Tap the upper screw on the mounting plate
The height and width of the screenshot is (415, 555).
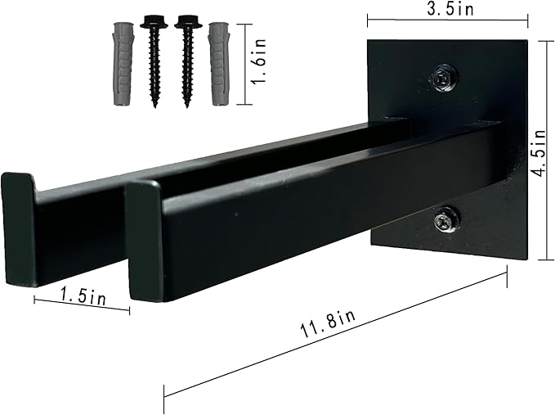click(x=444, y=79)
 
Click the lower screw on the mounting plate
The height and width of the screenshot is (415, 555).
click(x=445, y=219)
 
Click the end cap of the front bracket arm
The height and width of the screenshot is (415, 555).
click(x=145, y=241)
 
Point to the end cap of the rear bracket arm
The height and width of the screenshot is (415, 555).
click(x=18, y=227)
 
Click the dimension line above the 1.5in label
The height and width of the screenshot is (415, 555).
click(x=82, y=304)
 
